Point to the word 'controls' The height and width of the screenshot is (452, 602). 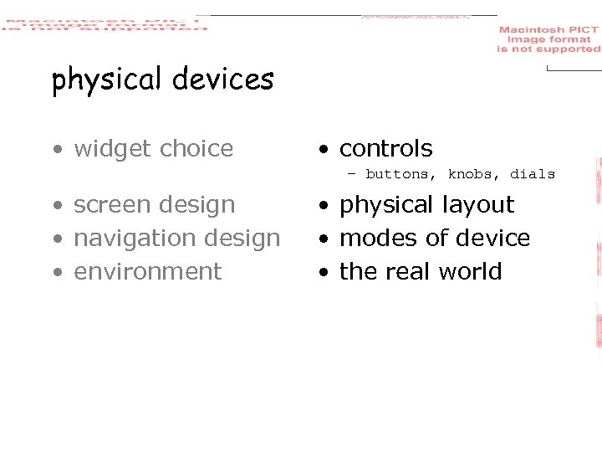click(x=385, y=149)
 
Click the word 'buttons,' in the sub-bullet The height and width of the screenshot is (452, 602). click(x=401, y=174)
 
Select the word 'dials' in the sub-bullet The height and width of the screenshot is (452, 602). click(x=533, y=174)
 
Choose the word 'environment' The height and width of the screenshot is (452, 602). click(x=148, y=272)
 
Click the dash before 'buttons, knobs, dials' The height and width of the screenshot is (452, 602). click(x=351, y=174)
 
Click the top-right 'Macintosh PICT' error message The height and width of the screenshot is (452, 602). click(x=548, y=39)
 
